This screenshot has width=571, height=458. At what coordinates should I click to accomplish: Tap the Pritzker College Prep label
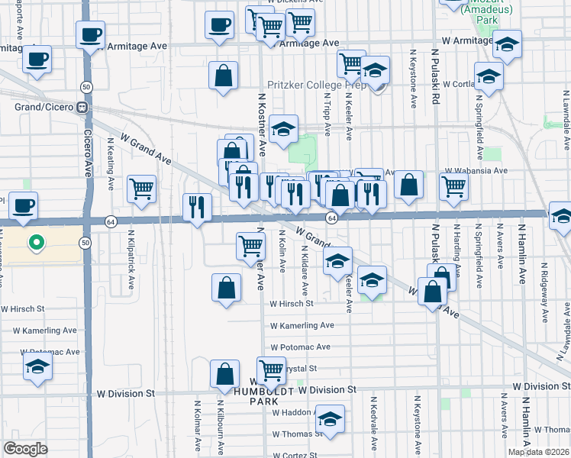[313, 86]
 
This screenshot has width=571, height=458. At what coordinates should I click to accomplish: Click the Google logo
[24, 448]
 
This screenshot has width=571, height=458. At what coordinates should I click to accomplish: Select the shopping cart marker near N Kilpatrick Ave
[141, 188]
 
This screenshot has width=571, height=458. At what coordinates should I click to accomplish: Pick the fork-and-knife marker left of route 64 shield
[197, 205]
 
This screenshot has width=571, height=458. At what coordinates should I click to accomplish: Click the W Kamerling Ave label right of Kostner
[302, 325]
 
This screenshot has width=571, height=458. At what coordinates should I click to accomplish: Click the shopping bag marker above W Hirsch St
[227, 287]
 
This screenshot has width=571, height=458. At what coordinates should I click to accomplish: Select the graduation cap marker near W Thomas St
[330, 418]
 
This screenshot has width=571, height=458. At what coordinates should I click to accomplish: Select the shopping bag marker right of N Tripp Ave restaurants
[409, 184]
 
